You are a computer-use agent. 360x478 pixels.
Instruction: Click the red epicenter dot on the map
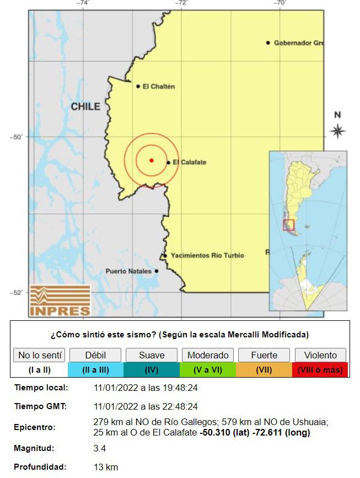pyautogui.click(x=151, y=160)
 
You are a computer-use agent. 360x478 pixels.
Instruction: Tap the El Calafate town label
pyautogui.click(x=189, y=162)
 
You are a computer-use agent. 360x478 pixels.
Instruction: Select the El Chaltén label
pyautogui.click(x=158, y=86)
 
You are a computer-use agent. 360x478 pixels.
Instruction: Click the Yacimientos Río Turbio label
pyautogui.click(x=207, y=256)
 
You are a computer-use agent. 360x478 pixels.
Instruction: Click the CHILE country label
pyautogui.click(x=85, y=106)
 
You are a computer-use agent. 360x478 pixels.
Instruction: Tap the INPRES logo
pyautogui.click(x=60, y=300)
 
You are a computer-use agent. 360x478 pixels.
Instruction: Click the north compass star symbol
pyautogui.click(x=337, y=131)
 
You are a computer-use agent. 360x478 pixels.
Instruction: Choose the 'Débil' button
pyautogui.click(x=95, y=355)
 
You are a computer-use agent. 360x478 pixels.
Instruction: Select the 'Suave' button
pyautogui.click(x=152, y=355)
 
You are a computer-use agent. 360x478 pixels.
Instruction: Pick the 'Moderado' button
pyautogui.click(x=208, y=355)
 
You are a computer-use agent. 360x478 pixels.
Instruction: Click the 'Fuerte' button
pyautogui.click(x=264, y=355)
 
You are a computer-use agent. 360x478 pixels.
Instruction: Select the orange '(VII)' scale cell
pyautogui.click(x=264, y=370)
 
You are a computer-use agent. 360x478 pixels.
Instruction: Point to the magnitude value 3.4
pyautogui.click(x=100, y=449)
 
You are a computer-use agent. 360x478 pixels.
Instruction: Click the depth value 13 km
pyautogui.click(x=106, y=467)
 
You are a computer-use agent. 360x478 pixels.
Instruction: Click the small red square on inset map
pyautogui.click(x=289, y=224)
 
